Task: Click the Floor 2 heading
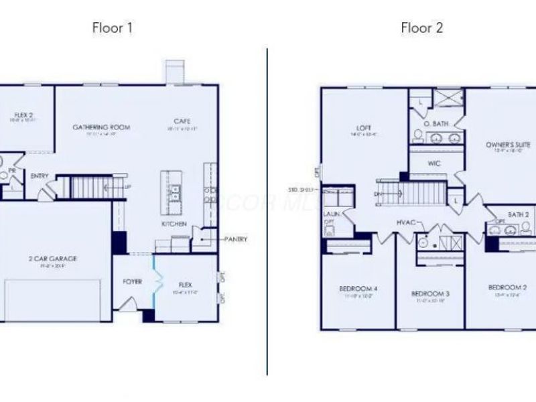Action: click(422, 28)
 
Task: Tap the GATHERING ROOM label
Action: click(101, 127)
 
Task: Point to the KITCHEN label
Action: click(174, 224)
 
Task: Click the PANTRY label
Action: click(236, 239)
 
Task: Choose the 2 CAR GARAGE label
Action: click(54, 258)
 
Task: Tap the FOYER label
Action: click(132, 282)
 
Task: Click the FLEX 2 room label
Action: click(24, 115)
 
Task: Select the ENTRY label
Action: click(40, 176)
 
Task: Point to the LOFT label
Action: click(364, 128)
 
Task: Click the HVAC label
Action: click(406, 222)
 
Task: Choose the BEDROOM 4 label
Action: click(358, 289)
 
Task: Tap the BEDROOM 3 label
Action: click(429, 294)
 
